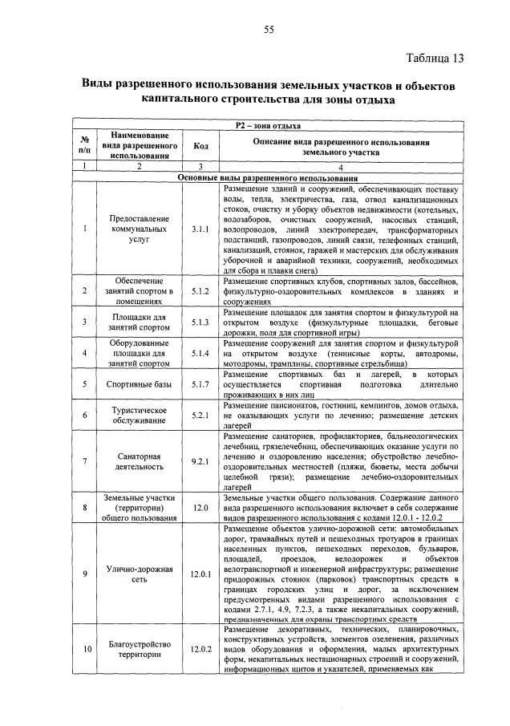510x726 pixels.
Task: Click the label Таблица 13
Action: (x=435, y=59)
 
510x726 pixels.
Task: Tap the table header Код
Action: (x=200, y=146)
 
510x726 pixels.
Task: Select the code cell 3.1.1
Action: (x=200, y=229)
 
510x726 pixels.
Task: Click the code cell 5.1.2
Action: (x=200, y=290)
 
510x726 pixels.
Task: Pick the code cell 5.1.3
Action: (x=200, y=322)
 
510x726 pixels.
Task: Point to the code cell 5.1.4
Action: (x=200, y=354)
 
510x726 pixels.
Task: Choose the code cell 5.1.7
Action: (x=200, y=385)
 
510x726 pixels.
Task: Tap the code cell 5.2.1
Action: (x=200, y=416)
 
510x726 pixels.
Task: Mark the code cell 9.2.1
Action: (x=200, y=461)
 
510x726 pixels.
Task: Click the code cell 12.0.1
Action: (x=200, y=574)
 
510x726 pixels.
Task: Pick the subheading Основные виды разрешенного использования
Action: (x=268, y=177)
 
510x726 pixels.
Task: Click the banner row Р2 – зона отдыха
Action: (x=268, y=125)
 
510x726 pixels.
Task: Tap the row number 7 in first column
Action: (x=84, y=461)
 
